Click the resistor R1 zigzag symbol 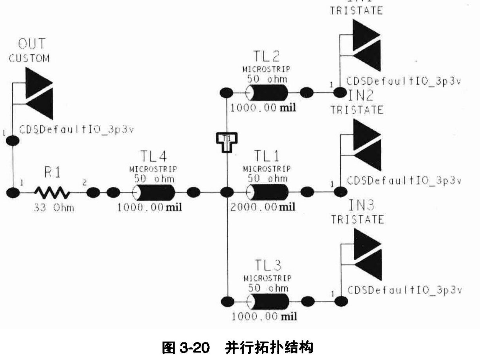(x=52, y=192)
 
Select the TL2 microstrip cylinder (x=267, y=93)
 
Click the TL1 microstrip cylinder (x=268, y=192)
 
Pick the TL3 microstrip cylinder (x=268, y=301)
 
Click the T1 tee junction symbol (x=227, y=142)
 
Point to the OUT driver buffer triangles (x=39, y=93)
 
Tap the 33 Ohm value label (x=54, y=208)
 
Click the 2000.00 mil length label (x=263, y=207)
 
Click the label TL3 (x=268, y=265)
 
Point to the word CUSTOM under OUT (x=29, y=58)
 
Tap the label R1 (x=52, y=172)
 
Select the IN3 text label (x=361, y=205)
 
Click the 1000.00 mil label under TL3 (x=264, y=316)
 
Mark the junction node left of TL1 (x=227, y=192)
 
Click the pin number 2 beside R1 (x=84, y=182)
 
